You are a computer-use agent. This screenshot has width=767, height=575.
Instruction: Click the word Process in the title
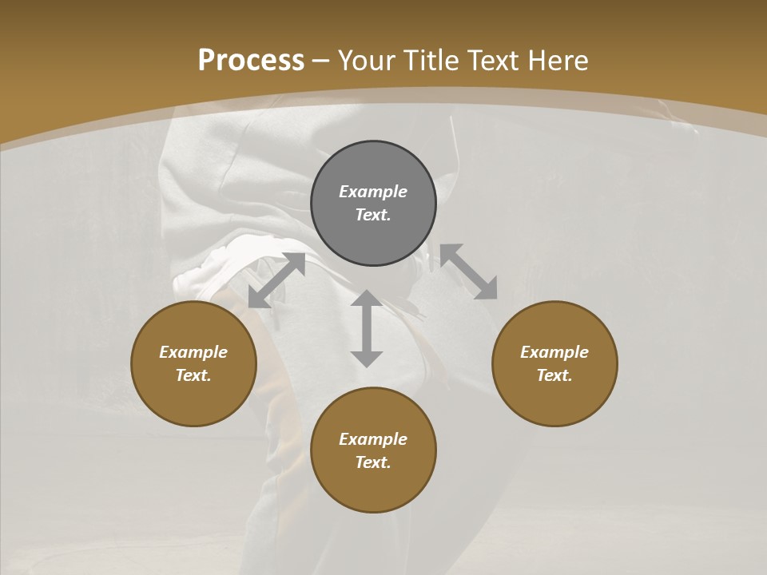pyautogui.click(x=251, y=61)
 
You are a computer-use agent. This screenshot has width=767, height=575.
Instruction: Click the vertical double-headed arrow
pyautogui.click(x=367, y=328)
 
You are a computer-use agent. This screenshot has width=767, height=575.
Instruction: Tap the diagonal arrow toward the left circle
pyautogui.click(x=276, y=280)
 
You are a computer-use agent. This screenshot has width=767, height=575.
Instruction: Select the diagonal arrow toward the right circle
pyautogui.click(x=468, y=272)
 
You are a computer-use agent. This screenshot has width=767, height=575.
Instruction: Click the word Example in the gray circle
pyautogui.click(x=373, y=192)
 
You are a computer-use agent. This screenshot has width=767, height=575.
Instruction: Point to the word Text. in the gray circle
pyautogui.click(x=373, y=215)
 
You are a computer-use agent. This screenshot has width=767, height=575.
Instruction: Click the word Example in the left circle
pyautogui.click(x=193, y=352)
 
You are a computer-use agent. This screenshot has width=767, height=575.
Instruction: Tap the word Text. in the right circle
pyautogui.click(x=554, y=375)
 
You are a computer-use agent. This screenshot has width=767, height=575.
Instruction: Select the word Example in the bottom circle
pyautogui.click(x=373, y=439)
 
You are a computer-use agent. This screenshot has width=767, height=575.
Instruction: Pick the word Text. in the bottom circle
pyautogui.click(x=373, y=462)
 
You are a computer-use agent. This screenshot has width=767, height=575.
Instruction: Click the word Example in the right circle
pyautogui.click(x=554, y=352)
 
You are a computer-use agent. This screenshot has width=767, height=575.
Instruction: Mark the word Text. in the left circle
pyautogui.click(x=193, y=375)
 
